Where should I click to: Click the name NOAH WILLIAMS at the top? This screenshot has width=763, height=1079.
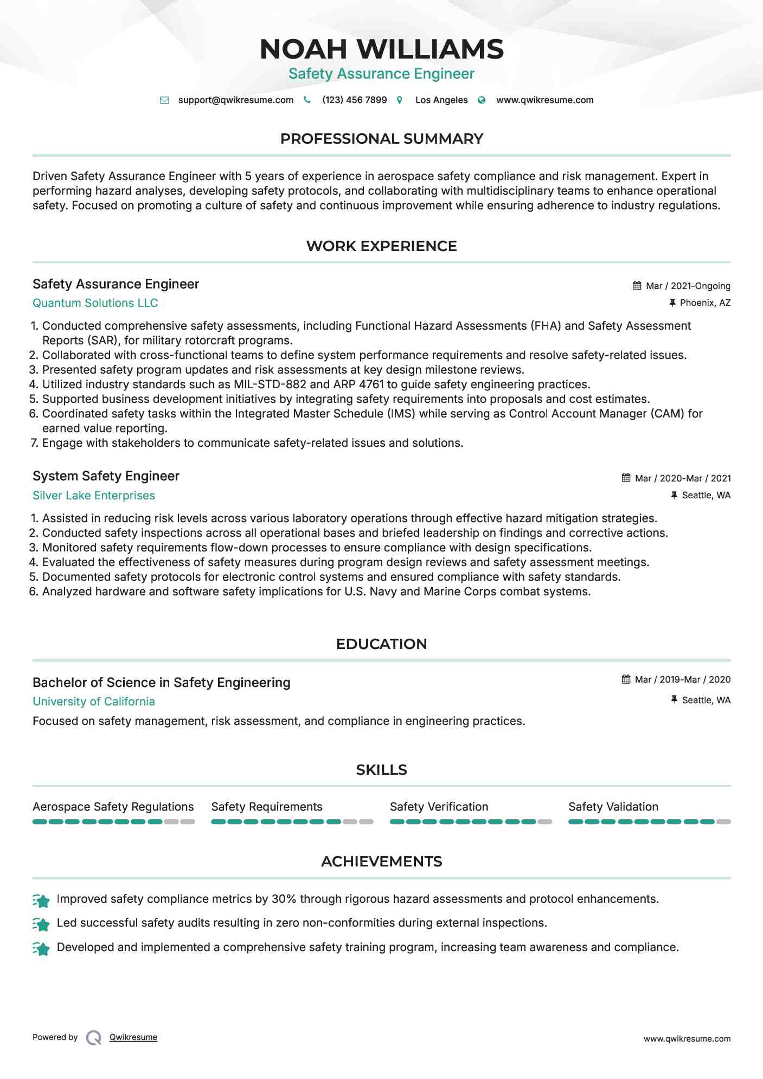point(381,49)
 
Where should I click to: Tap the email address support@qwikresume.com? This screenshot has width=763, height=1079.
point(235,100)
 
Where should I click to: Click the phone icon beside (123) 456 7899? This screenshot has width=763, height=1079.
point(307,100)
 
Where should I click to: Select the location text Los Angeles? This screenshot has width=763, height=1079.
point(441,100)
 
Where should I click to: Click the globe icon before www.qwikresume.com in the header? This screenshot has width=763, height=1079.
point(482,100)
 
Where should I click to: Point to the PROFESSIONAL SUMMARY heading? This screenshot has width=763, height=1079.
point(381,139)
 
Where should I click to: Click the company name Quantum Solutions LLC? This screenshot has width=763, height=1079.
point(95,303)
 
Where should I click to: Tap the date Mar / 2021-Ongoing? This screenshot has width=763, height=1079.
point(688,286)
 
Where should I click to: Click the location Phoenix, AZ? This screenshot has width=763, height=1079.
point(704,303)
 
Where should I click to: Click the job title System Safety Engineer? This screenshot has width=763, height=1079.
point(106,476)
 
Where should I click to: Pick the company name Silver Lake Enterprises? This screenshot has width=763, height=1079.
point(94,496)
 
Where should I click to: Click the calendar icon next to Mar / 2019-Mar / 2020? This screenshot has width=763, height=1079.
point(626,679)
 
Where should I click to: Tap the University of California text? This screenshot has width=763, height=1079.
point(94,702)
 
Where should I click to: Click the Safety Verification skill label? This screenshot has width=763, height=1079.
point(439,807)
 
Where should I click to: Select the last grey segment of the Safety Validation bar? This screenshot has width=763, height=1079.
point(723,822)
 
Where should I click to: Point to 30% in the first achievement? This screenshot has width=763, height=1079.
point(284,899)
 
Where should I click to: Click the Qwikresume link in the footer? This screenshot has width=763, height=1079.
point(133,1037)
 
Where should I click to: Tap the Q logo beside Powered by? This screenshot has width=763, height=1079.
point(94,1038)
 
